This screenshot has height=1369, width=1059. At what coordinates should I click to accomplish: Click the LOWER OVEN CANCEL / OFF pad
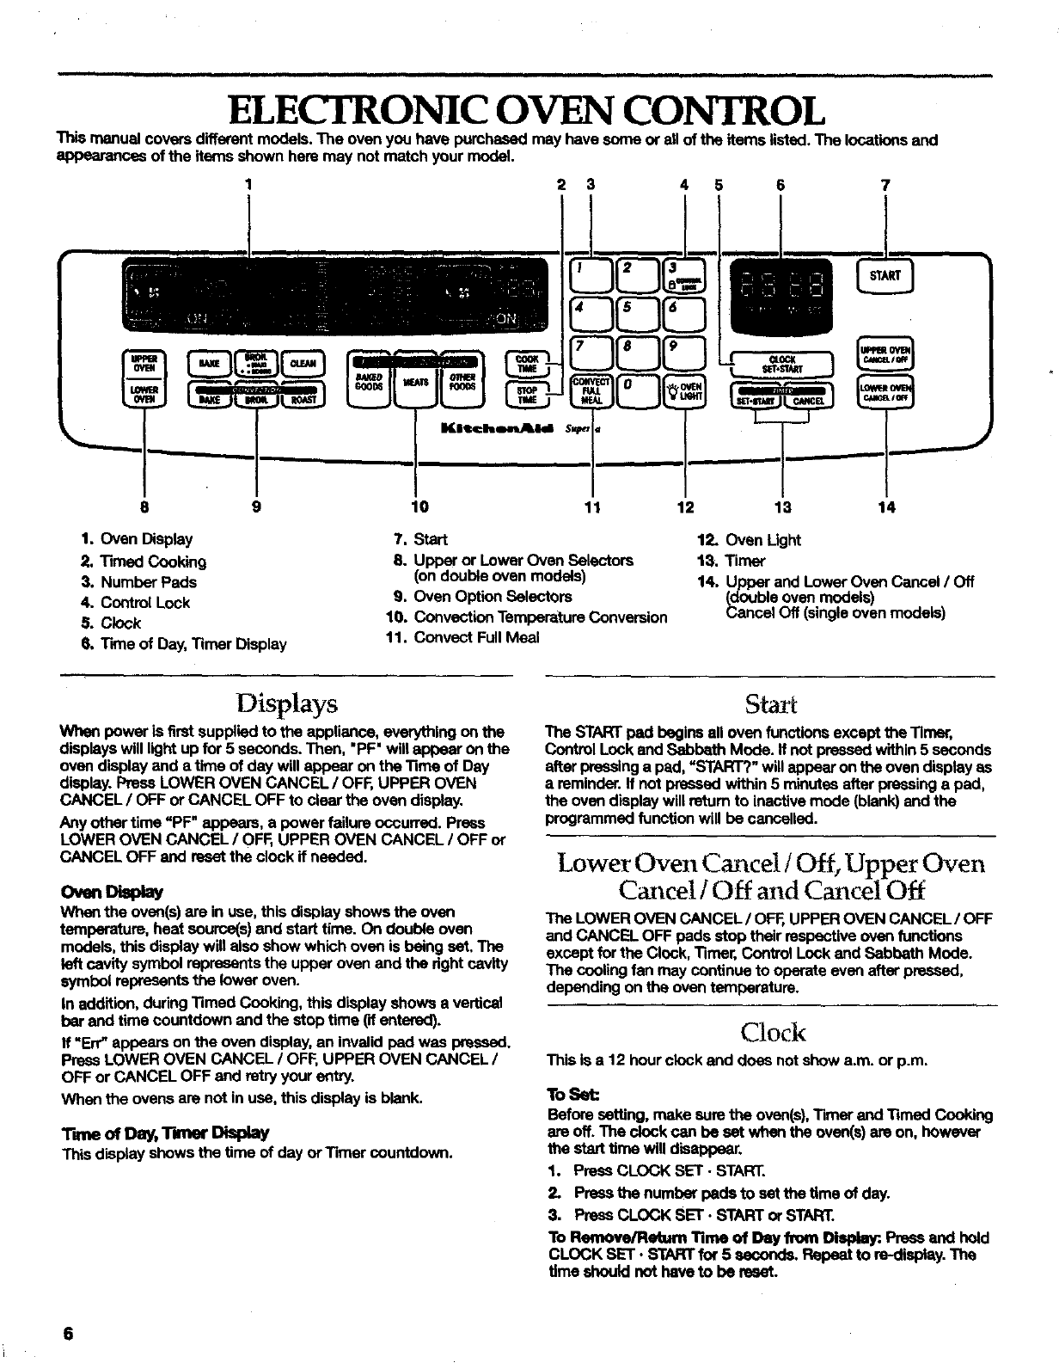(x=886, y=395)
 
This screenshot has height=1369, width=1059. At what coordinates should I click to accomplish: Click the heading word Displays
(x=285, y=704)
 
